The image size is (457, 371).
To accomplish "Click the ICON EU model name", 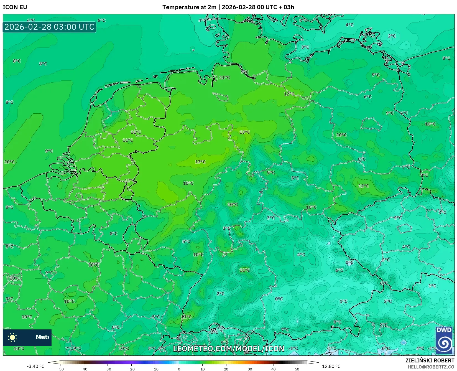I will pos(15,7).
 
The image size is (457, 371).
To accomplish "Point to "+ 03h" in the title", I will pos(287,7).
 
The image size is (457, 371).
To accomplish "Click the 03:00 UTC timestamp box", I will pos(49,27).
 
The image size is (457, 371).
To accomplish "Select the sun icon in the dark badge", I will pos(12,337).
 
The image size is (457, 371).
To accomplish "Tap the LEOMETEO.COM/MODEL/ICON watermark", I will pos(229,349).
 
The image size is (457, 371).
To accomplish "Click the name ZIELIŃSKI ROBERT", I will pos(430,360).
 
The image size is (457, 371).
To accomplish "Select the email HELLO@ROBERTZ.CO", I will pos(431,367).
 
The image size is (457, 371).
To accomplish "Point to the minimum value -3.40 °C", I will pos(35,366).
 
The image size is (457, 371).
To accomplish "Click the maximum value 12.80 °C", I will pos(331,366).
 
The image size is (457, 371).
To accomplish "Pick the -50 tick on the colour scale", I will pos(60,369).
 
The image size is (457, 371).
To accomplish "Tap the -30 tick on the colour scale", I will pos(108,369).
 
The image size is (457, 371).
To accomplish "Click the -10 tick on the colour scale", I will pos(155,369).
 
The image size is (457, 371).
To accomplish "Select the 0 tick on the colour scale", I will pos(179,369).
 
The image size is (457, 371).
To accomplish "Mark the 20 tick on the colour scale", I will pos(226,369).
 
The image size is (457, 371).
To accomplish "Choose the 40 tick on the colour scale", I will pos(274,369).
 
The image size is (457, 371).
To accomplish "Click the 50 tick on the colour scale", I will pos(297,369).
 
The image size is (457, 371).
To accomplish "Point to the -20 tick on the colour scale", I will pos(131,369).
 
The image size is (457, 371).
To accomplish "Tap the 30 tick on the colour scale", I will pos(250,369).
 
